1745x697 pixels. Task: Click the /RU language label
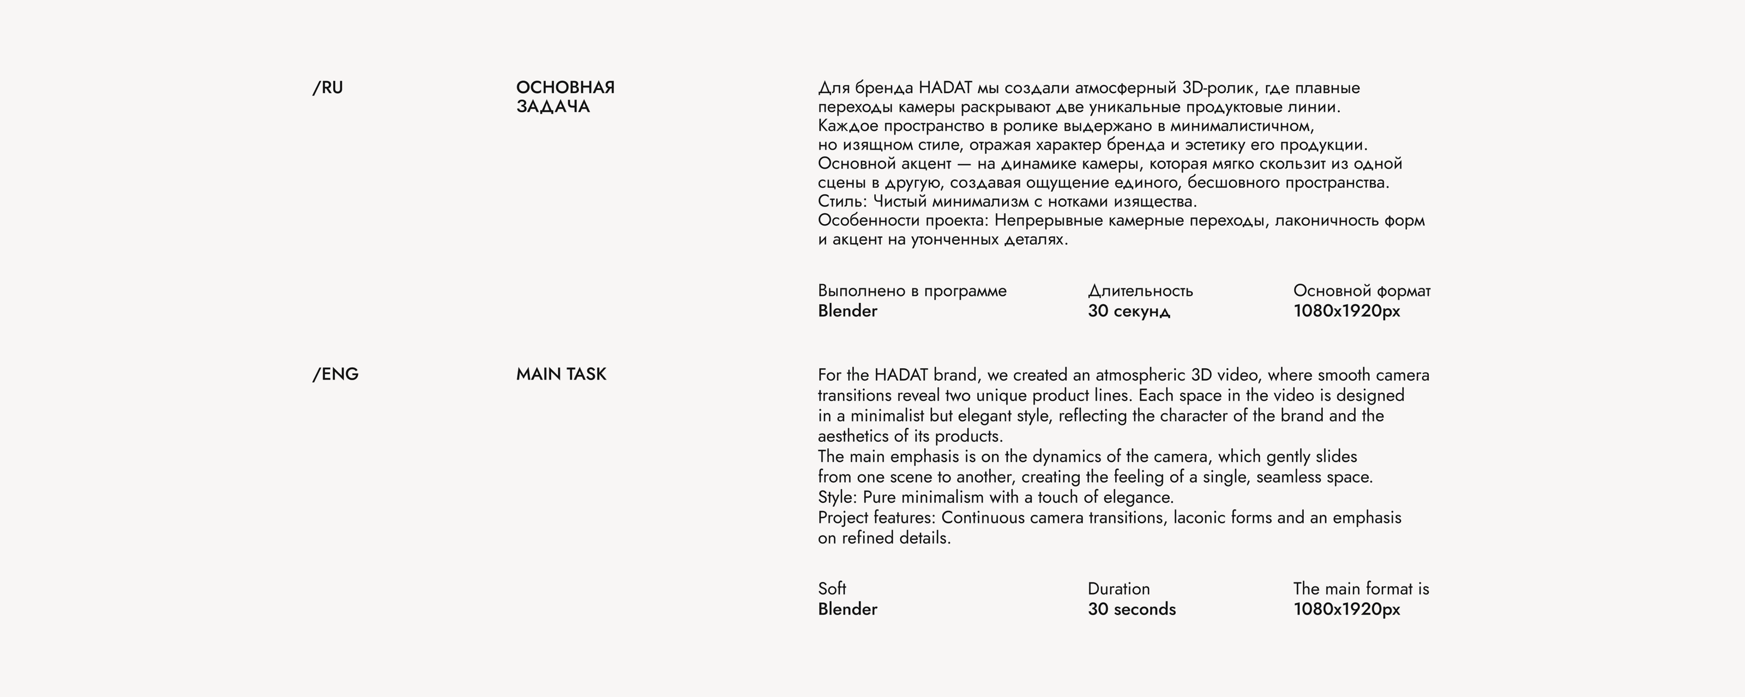coord(328,88)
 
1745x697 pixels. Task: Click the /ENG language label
coord(335,375)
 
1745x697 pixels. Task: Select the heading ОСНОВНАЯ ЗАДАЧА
coord(565,97)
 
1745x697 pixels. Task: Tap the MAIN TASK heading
coord(561,375)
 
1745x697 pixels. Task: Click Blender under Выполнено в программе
coord(847,311)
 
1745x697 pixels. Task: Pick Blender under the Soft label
coord(847,609)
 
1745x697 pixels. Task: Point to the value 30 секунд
coord(1129,311)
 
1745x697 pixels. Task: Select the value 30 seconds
coord(1132,609)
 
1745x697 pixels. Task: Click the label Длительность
coord(1140,291)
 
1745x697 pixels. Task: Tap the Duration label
coord(1118,588)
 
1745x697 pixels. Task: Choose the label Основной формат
coord(1362,291)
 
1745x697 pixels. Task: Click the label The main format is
coord(1361,588)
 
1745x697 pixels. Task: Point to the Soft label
coord(832,588)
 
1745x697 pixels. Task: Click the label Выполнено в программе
coord(912,291)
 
